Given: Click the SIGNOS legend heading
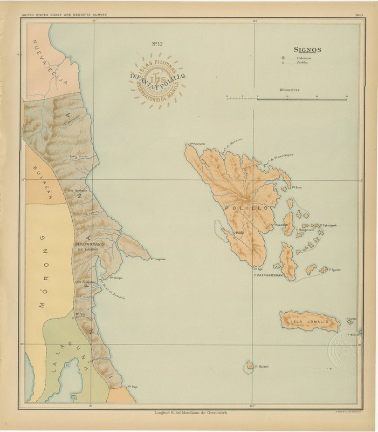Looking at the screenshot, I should coord(307,49).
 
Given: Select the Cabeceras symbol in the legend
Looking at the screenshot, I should coord(283,57).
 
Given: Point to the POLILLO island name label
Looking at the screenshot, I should coord(246,207).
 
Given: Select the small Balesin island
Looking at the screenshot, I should coord(250,365).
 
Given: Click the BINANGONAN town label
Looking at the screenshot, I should coord(88,245).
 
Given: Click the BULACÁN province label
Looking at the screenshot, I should coord(44,182).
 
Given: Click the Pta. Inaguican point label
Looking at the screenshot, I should coord(157,259).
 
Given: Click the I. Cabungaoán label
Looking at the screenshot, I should coord(328,225).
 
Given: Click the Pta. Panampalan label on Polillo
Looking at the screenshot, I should coord(196,144).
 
